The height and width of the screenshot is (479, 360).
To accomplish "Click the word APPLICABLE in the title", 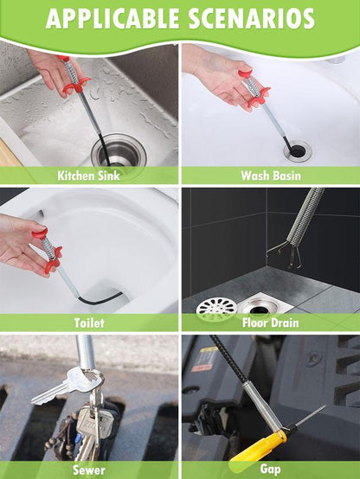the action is click(x=112, y=18).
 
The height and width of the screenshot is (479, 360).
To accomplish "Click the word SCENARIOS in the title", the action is click(x=251, y=18).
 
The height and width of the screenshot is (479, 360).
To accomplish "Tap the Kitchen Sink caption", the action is click(x=88, y=176).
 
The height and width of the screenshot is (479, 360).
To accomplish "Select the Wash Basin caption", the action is click(x=271, y=176).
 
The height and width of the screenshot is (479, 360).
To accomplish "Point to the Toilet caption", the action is click(x=89, y=323).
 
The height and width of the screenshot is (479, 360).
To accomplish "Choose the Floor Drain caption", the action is click(x=270, y=323).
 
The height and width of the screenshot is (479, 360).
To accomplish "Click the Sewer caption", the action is click(x=88, y=469).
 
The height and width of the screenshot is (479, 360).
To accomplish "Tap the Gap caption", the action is click(x=270, y=469).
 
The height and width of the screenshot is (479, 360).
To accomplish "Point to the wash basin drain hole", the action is click(x=298, y=150).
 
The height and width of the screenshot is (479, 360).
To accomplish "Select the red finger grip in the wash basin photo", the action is click(x=259, y=96).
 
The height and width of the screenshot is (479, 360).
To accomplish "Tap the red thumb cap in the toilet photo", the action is click(x=40, y=233).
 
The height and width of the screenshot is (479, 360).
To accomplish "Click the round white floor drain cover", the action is click(x=216, y=307).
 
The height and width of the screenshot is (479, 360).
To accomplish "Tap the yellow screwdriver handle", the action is click(x=260, y=447).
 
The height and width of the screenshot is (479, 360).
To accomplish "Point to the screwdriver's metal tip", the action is click(x=311, y=414).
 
